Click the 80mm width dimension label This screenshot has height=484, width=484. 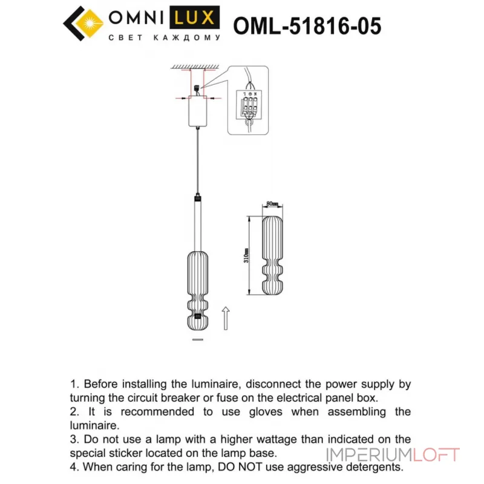pyautogui.click(x=272, y=204)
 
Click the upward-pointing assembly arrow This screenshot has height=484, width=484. pyautogui.click(x=226, y=318)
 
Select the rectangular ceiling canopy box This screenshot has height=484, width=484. pyautogui.click(x=197, y=113)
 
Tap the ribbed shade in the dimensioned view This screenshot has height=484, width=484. pyautogui.click(x=272, y=254)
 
